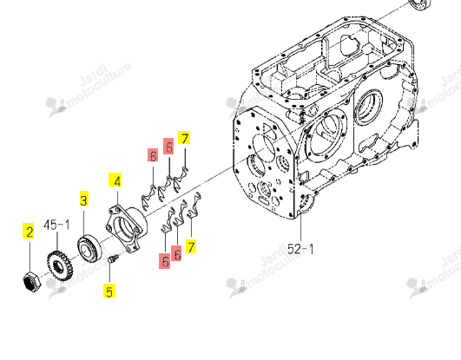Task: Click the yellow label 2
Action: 30,232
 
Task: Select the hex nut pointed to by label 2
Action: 32,280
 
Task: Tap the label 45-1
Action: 56,226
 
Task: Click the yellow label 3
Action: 84,200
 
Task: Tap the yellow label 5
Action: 109,291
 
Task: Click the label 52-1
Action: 300,250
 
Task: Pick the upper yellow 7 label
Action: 184,138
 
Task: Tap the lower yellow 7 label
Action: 191,246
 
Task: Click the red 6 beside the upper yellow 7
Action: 168,147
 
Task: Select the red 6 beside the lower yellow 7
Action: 176,253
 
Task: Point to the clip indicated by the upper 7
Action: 181,179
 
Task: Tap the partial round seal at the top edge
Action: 420,5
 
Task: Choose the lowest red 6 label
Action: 164,261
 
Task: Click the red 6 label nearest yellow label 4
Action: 153,155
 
